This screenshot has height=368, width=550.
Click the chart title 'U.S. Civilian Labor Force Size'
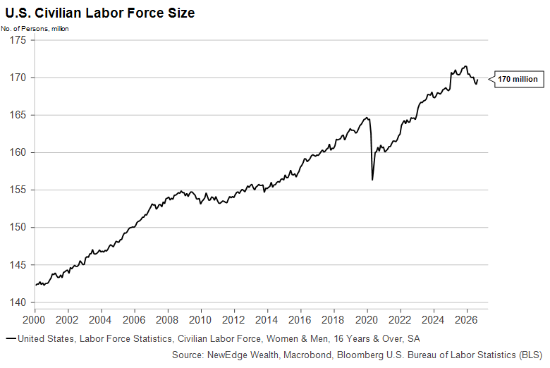coord(100,13)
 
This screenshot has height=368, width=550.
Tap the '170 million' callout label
coord(518,79)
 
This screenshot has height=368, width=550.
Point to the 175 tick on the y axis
coord(18,40)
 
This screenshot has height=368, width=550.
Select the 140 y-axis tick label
coord(18,302)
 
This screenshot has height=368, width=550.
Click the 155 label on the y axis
coord(18,190)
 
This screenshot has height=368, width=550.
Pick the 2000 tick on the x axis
coord(34,320)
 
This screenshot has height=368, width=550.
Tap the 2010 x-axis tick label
coord(200,320)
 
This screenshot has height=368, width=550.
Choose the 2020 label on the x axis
coord(367,320)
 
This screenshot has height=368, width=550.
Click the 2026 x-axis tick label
coord(466,320)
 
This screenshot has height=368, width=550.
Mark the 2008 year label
coord(167,320)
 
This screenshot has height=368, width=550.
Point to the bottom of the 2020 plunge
coord(372,180)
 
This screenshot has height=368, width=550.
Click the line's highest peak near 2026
coord(466,66)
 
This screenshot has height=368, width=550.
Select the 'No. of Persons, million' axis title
coord(35,29)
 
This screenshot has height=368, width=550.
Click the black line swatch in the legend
coord(11,338)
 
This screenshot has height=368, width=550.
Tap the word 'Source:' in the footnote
coord(188,355)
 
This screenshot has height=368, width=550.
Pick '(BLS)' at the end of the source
coord(531,355)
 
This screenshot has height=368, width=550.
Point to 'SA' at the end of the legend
coord(413,339)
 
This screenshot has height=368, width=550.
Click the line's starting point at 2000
coord(35,285)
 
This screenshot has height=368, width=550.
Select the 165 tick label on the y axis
coord(18,115)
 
